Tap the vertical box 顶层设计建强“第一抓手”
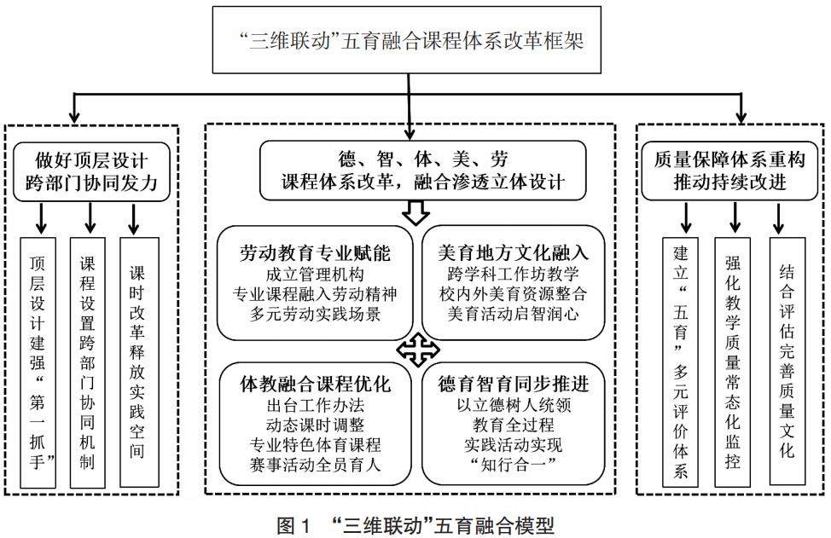(x=39, y=362)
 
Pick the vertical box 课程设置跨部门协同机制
(x=88, y=362)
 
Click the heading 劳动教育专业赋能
(x=315, y=253)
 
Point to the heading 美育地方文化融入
(x=514, y=253)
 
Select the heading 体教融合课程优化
(x=315, y=385)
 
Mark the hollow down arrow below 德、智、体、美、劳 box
(x=414, y=213)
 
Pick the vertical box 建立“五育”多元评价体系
(x=681, y=362)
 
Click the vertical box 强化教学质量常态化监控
(x=735, y=362)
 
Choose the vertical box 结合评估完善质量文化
(x=786, y=362)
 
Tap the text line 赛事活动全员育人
(x=315, y=465)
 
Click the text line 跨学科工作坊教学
(x=514, y=275)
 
